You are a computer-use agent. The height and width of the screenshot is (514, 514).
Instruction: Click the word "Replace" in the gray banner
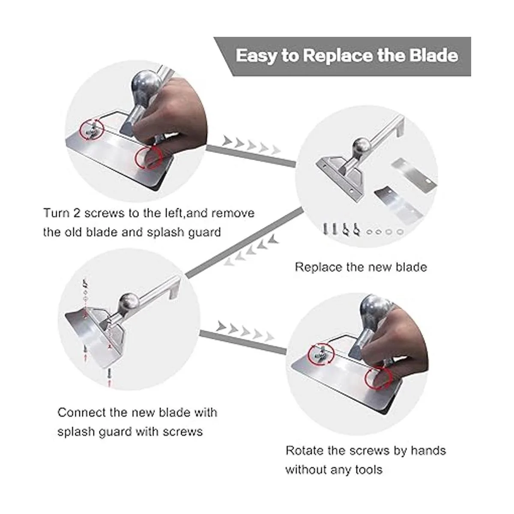click(337, 56)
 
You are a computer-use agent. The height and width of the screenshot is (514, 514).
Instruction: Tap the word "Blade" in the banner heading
click(433, 56)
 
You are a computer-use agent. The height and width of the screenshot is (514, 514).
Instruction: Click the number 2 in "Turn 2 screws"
click(77, 213)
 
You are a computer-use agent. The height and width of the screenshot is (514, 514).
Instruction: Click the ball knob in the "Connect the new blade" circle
click(128, 302)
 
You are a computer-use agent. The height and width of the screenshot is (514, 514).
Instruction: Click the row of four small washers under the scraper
click(385, 232)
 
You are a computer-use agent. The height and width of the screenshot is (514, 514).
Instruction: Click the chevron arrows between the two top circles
click(252, 145)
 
